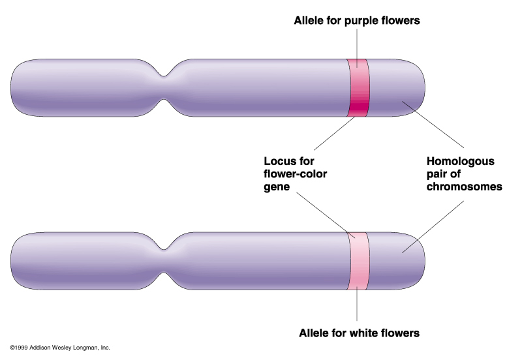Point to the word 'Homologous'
pos(461,161)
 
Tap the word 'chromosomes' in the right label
pos(464,187)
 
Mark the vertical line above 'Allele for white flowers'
pos(358,307)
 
